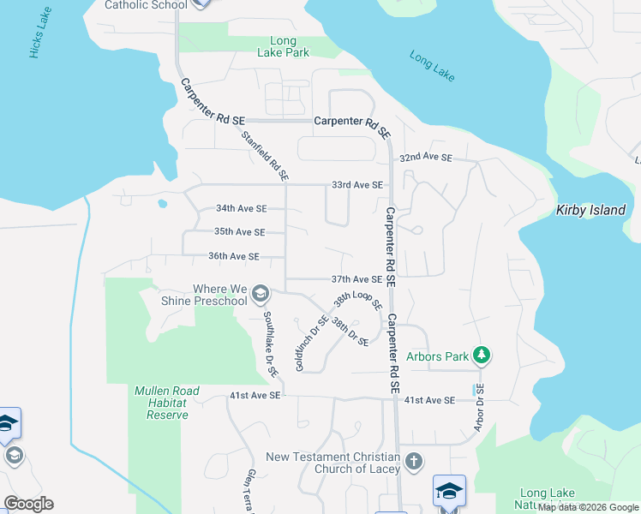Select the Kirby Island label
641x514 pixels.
pyautogui.click(x=591, y=210)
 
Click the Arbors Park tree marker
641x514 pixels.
pyautogui.click(x=482, y=355)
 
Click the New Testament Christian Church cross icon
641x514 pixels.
pyautogui.click(x=414, y=462)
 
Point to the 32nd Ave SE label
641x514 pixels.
pyautogui.click(x=425, y=158)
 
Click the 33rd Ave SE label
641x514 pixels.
pyautogui.click(x=356, y=185)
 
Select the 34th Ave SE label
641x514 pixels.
pyautogui.click(x=241, y=208)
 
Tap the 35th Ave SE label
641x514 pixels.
pyautogui.click(x=239, y=232)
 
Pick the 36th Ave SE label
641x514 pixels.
pyautogui.click(x=233, y=256)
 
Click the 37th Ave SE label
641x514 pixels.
pyautogui.click(x=356, y=279)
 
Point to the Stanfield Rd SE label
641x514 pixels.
pyautogui.click(x=265, y=155)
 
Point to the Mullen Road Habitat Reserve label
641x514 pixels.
pyautogui.click(x=167, y=403)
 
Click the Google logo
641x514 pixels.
pyautogui.click(x=28, y=504)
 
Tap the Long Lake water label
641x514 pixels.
pyautogui.click(x=432, y=67)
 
